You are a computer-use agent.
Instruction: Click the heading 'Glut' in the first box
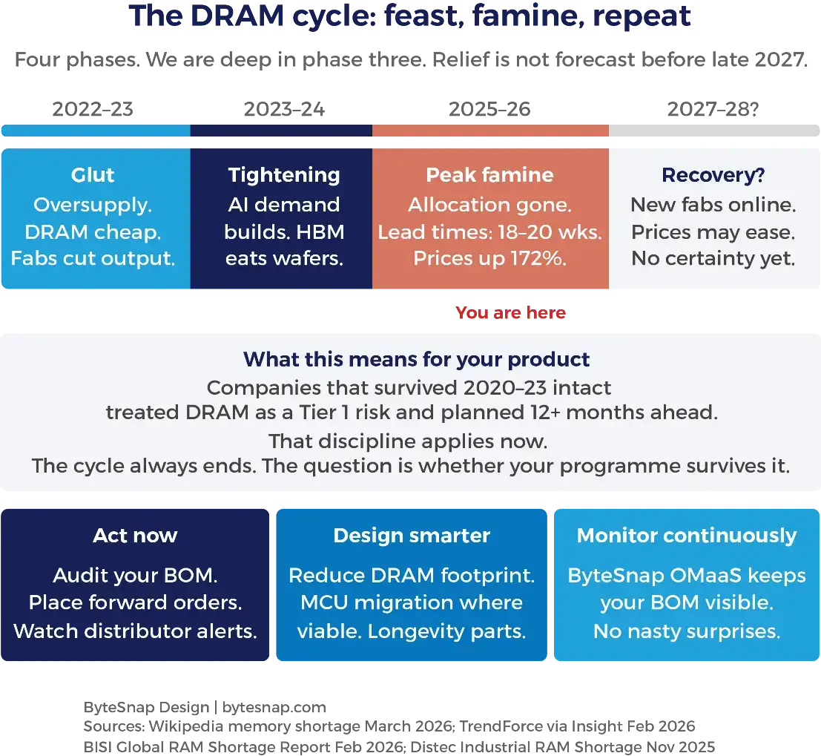(93, 175)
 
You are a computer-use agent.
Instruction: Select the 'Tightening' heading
(284, 175)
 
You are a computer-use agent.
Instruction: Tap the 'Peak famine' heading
(489, 175)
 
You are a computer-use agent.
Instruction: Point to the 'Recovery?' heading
(713, 175)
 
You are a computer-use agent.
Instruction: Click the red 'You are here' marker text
(511, 313)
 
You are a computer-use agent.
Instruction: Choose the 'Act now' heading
(135, 536)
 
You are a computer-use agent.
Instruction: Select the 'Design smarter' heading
(412, 536)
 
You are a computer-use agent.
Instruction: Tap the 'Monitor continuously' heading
(686, 536)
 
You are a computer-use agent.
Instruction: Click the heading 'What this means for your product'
(416, 360)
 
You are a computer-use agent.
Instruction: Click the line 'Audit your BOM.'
(135, 576)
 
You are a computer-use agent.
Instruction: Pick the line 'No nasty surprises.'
(686, 631)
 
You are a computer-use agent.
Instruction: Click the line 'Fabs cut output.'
(93, 258)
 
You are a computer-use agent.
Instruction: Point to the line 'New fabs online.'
(713, 205)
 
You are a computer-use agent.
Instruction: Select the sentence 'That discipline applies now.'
(408, 441)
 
